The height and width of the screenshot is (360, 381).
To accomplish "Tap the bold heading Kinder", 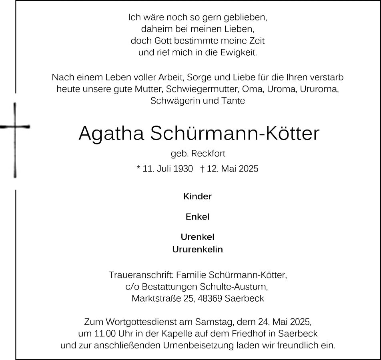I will pos(197,196).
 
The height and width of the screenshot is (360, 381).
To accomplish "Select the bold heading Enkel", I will pos(197,217).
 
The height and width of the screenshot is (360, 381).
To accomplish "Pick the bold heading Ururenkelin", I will pos(197,250).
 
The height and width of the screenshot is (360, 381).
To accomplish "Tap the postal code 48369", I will pos(210,299).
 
